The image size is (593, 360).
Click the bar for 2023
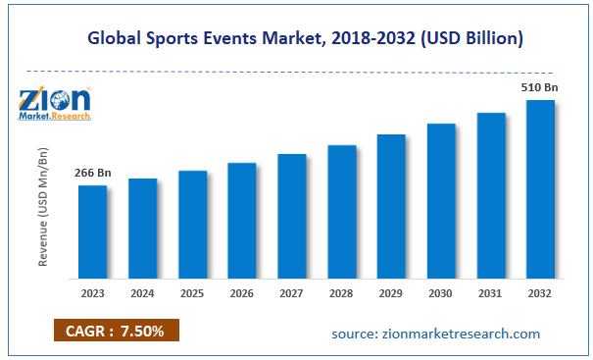(93, 232)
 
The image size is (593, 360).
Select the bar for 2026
(242, 221)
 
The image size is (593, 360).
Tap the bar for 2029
(391, 207)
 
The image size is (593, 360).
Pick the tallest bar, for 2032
(540, 189)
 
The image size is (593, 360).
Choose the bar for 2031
(491, 196)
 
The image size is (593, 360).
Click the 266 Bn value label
(93, 173)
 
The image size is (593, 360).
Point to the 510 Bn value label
(540, 87)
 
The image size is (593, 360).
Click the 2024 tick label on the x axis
(142, 293)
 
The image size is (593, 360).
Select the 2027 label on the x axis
(291, 293)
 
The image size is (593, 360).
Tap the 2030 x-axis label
(441, 293)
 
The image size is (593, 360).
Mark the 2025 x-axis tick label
(192, 293)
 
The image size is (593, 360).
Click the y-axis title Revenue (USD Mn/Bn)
(43, 207)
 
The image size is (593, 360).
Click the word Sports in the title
(172, 38)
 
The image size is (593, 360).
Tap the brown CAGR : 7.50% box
(117, 331)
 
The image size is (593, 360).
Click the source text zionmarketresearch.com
(462, 334)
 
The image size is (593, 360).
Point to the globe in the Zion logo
(60, 101)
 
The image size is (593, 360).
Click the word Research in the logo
(72, 116)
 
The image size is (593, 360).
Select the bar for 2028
(342, 212)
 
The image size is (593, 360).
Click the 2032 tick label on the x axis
(540, 293)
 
